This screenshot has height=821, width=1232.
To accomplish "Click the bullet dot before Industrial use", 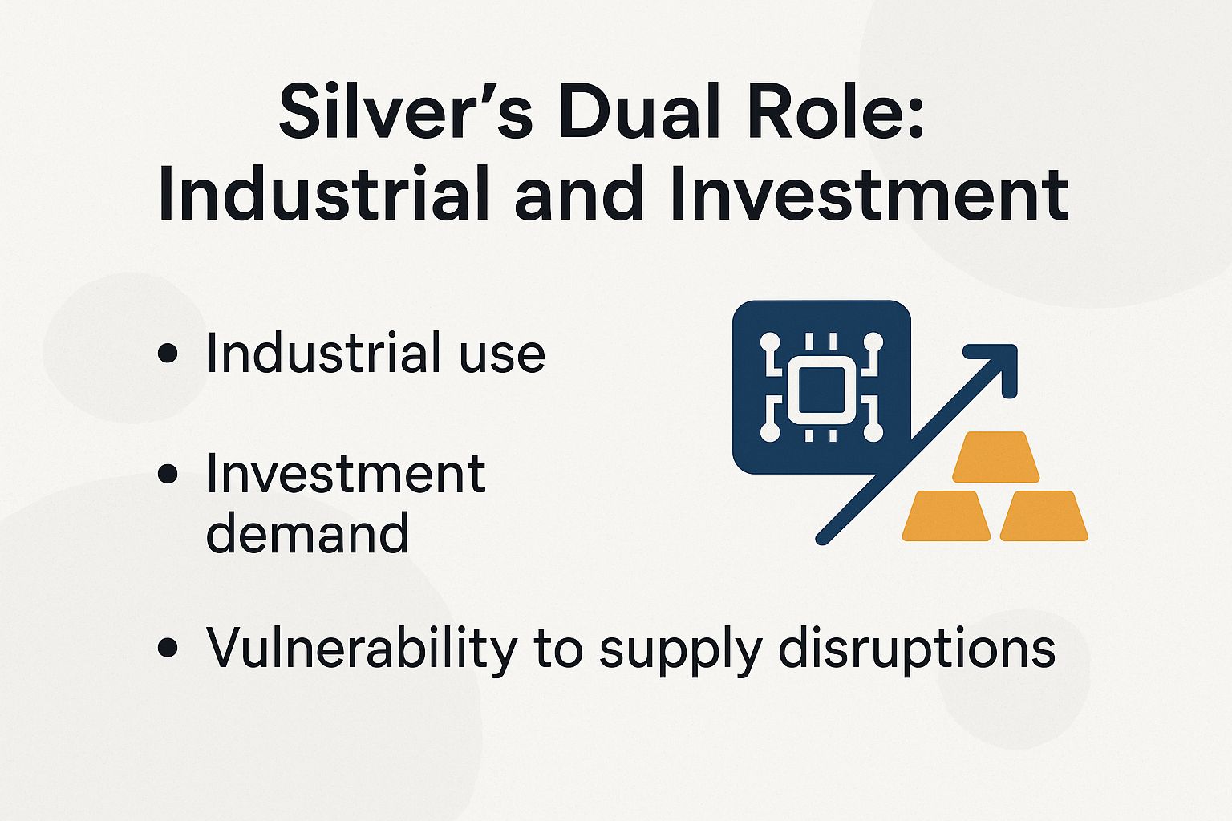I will (168, 354).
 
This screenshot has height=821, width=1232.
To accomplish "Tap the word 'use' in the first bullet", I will (502, 354).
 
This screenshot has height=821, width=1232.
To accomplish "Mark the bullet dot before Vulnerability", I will (168, 648).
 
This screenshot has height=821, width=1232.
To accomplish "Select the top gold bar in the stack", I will (995, 456).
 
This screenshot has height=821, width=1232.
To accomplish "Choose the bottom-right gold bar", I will (1044, 516).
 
